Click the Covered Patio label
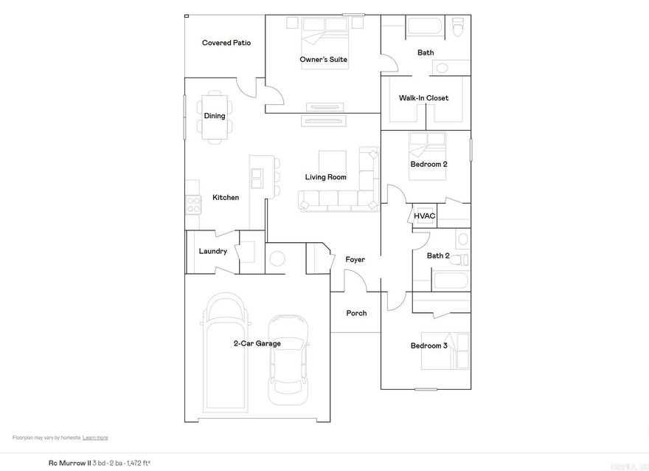(x=226, y=43)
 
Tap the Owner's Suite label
(x=323, y=59)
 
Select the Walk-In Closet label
(x=423, y=98)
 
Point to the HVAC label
(x=424, y=216)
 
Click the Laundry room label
(x=213, y=251)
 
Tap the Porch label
(x=356, y=313)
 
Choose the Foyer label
(x=355, y=260)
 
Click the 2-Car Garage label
(x=257, y=343)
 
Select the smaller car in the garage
(x=287, y=360)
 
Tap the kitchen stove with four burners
(x=193, y=204)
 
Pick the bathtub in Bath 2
(x=450, y=281)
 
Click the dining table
(x=215, y=115)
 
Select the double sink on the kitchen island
(x=257, y=178)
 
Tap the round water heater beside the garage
(x=277, y=259)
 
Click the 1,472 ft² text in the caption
(x=136, y=463)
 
